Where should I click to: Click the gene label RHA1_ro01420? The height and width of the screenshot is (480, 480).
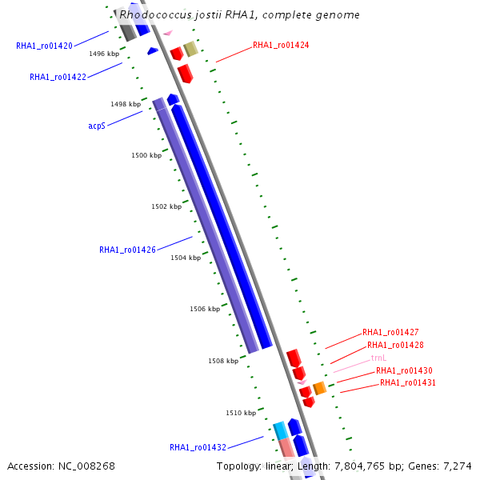tap(44, 46)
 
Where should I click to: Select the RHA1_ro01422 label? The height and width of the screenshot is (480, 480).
tap(58, 77)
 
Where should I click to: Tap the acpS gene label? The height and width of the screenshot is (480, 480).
tap(97, 126)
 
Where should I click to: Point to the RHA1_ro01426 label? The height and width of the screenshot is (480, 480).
tap(127, 250)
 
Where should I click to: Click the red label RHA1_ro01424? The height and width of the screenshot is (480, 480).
tap(281, 46)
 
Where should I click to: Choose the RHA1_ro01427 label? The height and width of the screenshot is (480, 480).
tap(390, 332)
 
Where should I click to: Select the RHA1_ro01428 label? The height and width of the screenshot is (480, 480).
tap(395, 345)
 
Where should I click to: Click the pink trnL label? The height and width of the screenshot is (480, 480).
tap(378, 358)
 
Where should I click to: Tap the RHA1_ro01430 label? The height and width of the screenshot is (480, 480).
tap(404, 370)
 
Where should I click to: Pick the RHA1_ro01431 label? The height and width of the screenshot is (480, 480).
tap(408, 382)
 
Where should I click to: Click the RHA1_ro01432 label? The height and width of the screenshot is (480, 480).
tap(198, 447)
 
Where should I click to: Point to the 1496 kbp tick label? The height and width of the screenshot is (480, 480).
tap(104, 54)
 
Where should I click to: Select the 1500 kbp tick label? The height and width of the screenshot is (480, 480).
tap(146, 155)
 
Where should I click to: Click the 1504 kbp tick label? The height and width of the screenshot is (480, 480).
tap(186, 258)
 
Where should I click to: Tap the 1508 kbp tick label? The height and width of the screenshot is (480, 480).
tap(223, 361)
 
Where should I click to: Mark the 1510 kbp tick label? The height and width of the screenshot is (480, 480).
tap(241, 413)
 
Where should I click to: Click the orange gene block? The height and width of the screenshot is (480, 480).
tap(319, 388)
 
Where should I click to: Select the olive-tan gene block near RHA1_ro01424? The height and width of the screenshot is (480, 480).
tap(190, 50)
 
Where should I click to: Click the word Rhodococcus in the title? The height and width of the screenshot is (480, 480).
tap(154, 14)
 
